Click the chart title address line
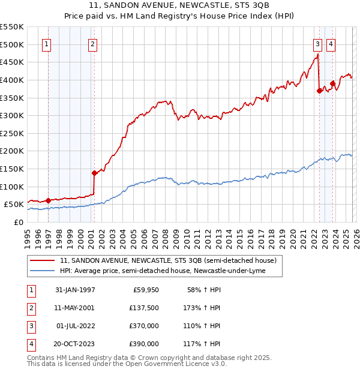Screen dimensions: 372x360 pos(179,6)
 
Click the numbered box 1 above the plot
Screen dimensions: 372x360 pos(47,43)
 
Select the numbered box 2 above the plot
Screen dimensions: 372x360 pos(92,43)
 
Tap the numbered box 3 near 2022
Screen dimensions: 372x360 pos(317,43)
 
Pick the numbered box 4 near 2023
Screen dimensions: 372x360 pos(331,43)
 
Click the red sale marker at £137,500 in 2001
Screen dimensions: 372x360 pos(94,173)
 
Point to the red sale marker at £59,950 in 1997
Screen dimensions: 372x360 pos(48,201)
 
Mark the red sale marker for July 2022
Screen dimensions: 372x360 pos(319,91)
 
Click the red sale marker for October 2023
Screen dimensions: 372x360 pos(332,83)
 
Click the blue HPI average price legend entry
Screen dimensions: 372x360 pos(162,271)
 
